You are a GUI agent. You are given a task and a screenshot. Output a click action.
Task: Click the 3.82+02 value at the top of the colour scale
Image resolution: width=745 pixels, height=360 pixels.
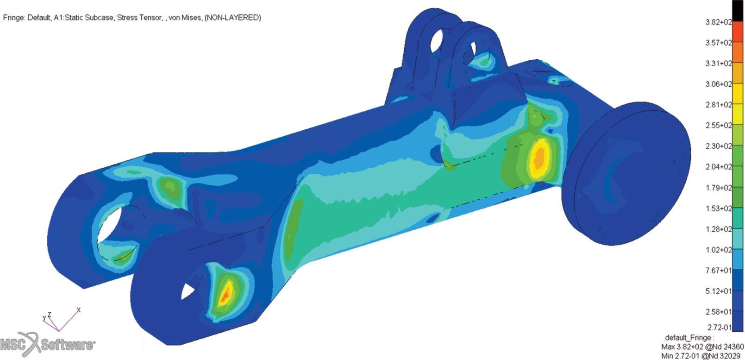(719, 22)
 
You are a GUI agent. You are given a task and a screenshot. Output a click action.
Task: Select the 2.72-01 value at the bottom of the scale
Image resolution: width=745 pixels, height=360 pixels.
(719, 328)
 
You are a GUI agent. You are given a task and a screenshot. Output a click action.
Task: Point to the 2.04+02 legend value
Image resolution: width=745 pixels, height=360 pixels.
(719, 167)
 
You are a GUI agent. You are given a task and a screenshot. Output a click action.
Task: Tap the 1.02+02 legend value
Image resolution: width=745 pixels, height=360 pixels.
(719, 250)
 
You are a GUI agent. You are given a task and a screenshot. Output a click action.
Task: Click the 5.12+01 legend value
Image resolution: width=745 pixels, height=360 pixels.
(719, 291)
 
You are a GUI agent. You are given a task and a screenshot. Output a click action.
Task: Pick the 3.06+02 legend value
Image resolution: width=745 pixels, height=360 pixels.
(719, 84)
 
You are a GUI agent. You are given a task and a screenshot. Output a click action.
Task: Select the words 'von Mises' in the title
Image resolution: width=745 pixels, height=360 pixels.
(185, 18)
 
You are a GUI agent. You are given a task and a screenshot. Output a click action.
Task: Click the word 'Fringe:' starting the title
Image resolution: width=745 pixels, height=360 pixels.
(13, 18)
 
